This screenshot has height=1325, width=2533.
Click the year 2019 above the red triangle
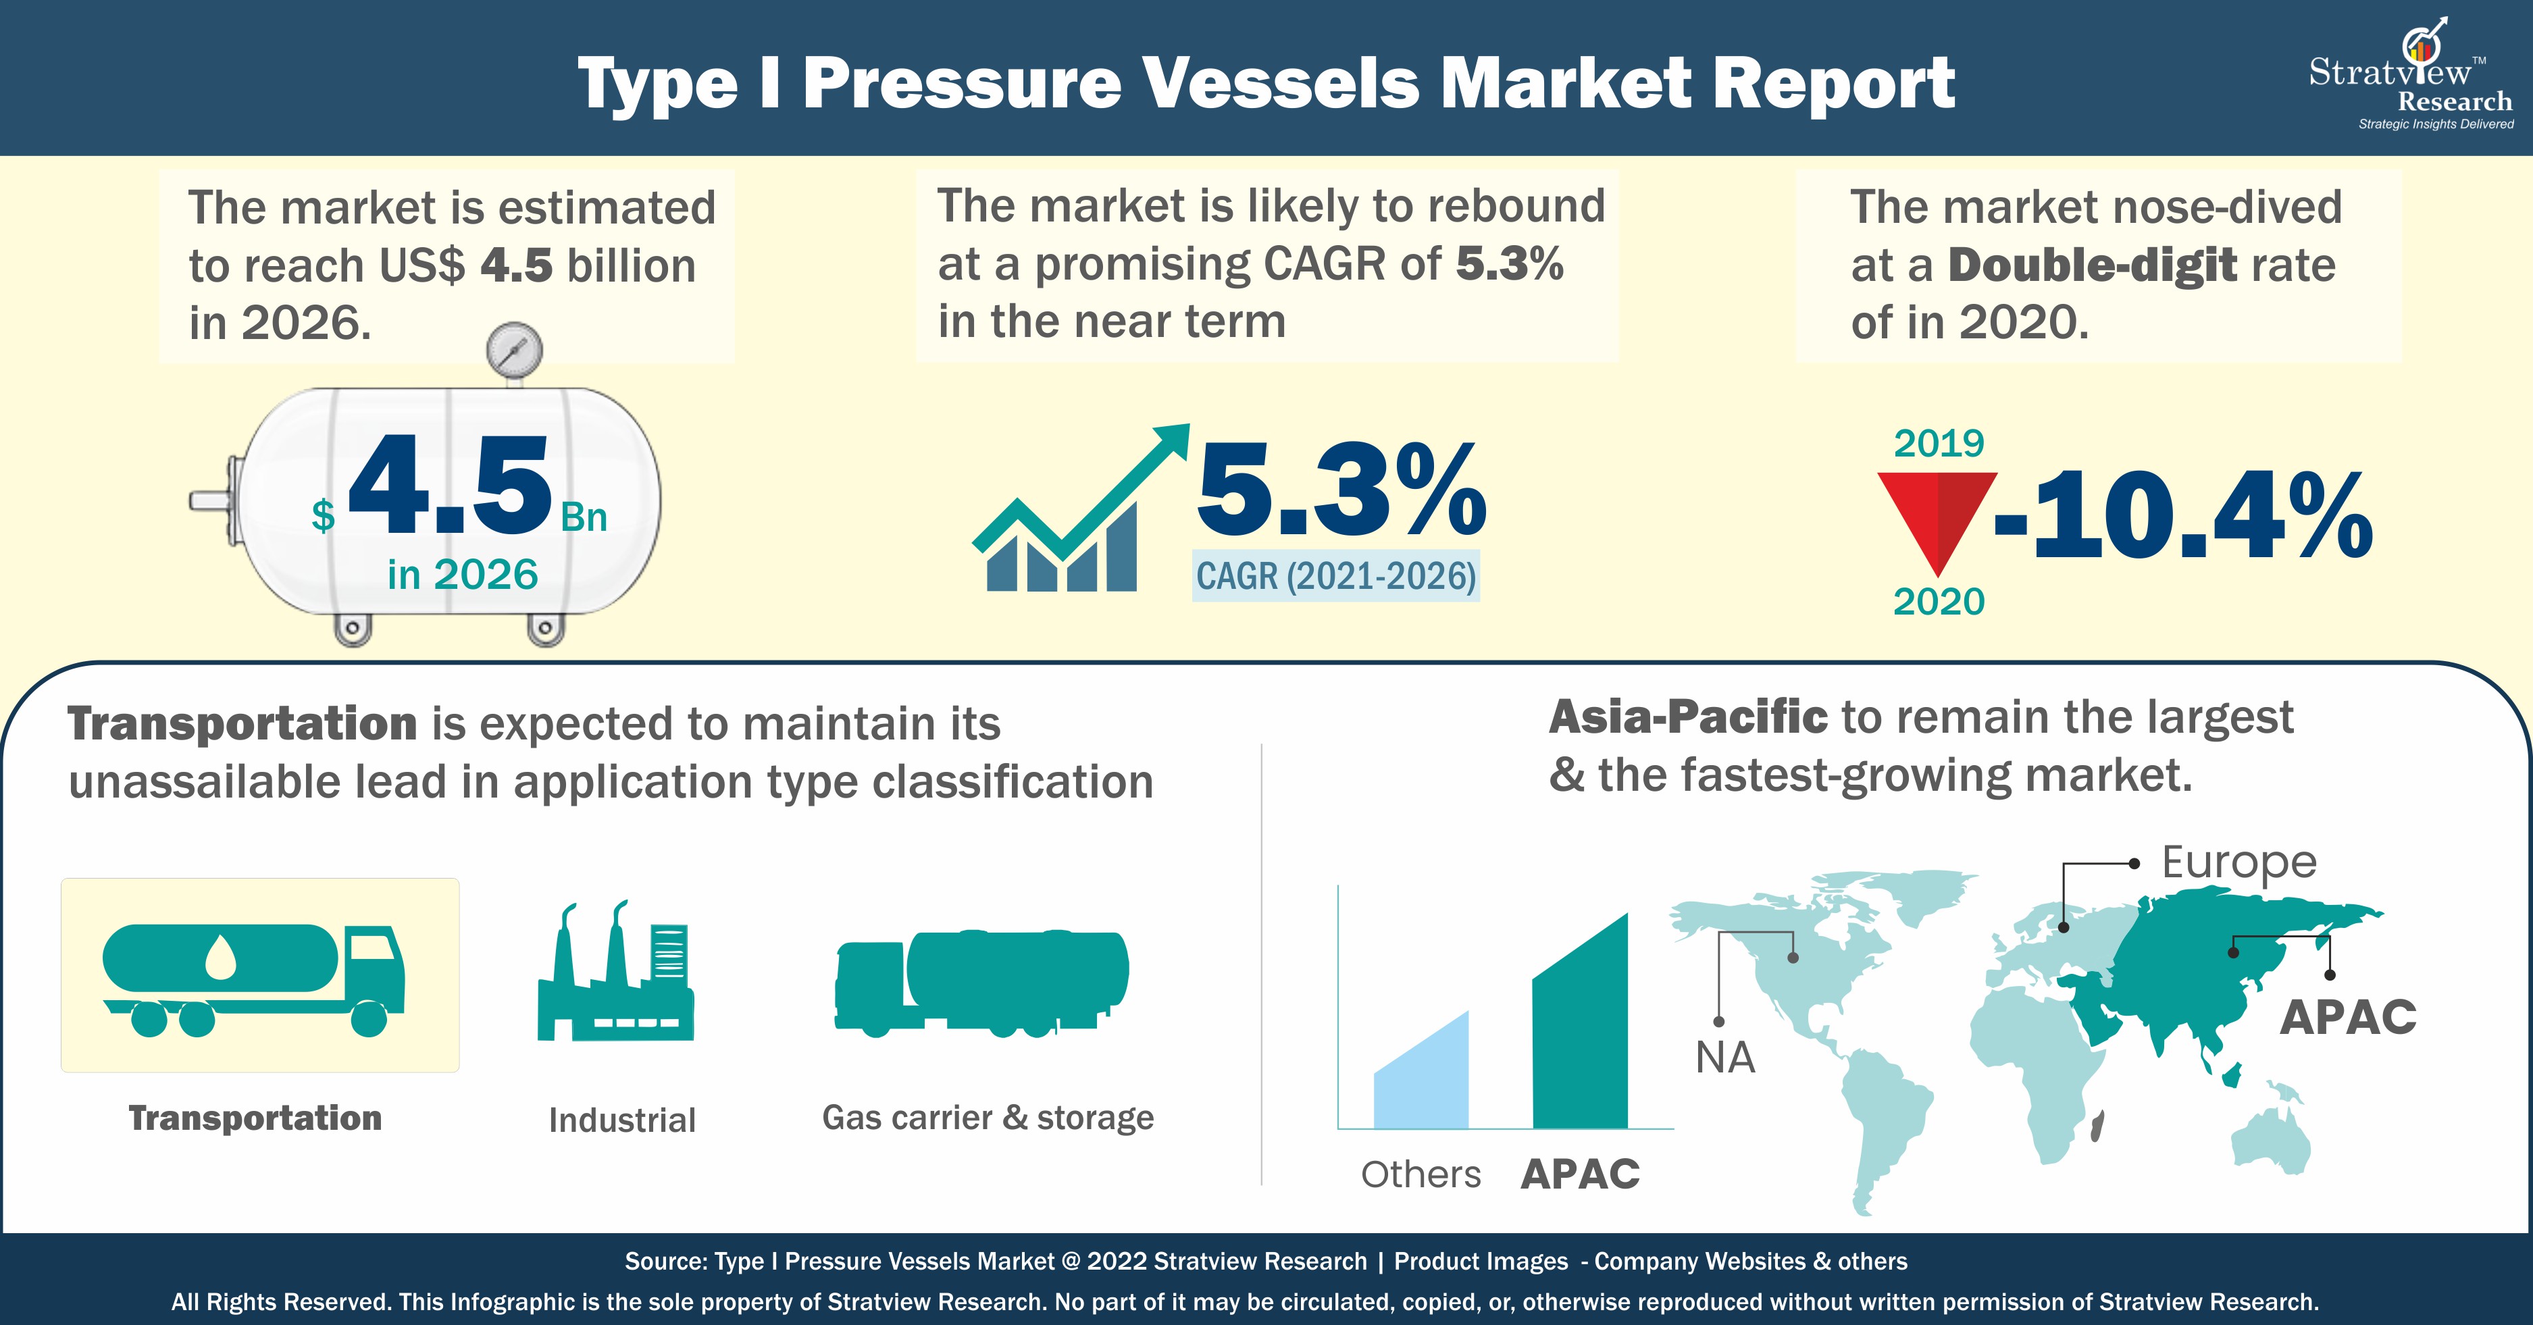pyautogui.click(x=1939, y=443)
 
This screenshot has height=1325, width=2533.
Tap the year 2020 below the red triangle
pyautogui.click(x=1939, y=602)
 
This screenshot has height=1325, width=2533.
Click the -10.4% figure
pyautogui.click(x=2184, y=515)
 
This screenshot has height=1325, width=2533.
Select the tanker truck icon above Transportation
pyautogui.click(x=254, y=979)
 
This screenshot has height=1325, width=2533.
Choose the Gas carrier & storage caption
pyautogui.click(x=988, y=1118)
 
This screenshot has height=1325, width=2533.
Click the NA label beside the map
pyautogui.click(x=1724, y=1058)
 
